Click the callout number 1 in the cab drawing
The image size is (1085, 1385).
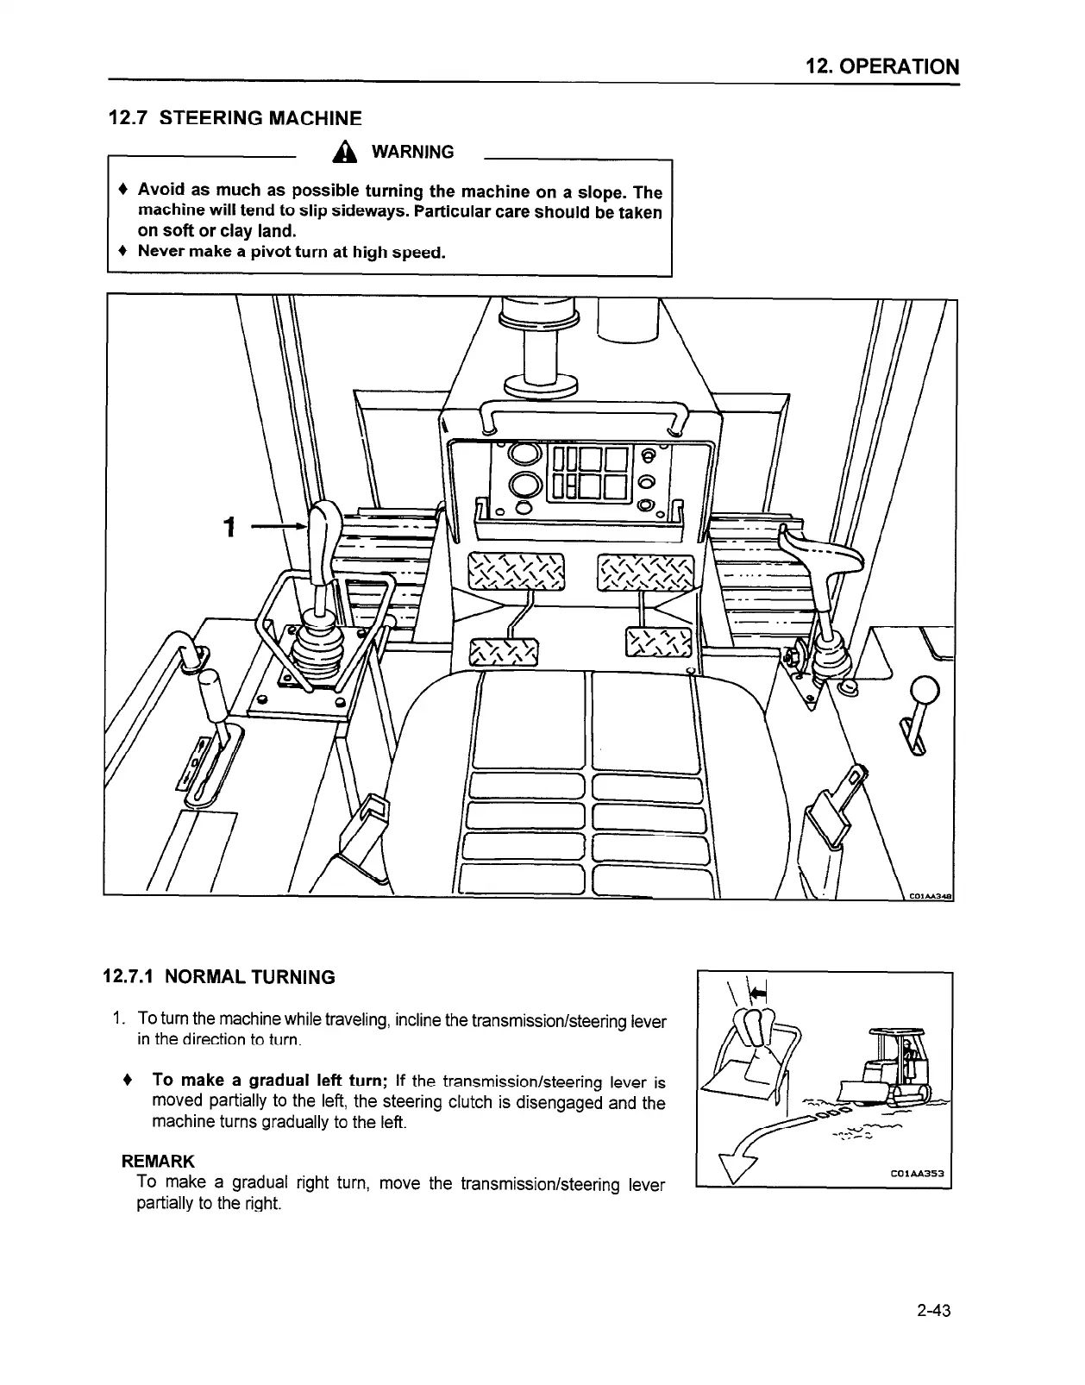(x=229, y=526)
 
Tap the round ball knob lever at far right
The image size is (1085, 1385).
(x=925, y=691)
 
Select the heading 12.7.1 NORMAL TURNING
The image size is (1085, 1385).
(x=219, y=977)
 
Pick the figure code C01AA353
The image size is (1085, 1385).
(x=918, y=1173)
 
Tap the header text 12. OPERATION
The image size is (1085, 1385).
(x=882, y=66)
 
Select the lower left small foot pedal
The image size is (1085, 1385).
(x=503, y=653)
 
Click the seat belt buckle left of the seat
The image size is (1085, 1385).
(x=365, y=829)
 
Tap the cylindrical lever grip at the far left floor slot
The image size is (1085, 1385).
(x=213, y=696)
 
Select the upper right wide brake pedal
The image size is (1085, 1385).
(x=646, y=572)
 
